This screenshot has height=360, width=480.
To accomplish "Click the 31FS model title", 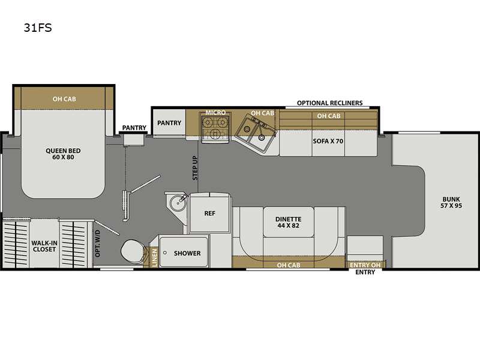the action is coord(38,28).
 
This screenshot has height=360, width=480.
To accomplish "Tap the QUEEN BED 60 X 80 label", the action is coord(63,154).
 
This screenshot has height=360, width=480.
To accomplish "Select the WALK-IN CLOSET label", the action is coord(44,246).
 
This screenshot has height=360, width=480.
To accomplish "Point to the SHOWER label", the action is coord(187,253).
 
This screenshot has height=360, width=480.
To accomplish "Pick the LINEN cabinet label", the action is coord(154,257).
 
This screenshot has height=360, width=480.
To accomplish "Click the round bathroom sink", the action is coord(178,203).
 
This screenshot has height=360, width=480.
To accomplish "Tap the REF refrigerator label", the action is coord(209,214).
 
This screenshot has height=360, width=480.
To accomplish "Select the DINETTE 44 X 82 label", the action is coord(289,222).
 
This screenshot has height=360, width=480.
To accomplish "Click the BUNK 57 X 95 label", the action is coord(451,202).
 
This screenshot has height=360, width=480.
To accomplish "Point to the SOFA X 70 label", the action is coord(328,141).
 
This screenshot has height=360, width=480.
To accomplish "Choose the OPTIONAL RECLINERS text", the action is coord(329,103).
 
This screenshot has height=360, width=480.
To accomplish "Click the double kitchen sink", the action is coord(256,133).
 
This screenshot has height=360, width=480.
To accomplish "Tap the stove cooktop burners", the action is coord(215,128).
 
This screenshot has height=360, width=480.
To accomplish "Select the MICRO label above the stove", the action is coord(215,112).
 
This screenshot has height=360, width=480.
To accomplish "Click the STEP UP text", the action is coord(195,168).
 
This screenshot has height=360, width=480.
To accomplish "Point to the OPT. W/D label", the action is coord(98,244).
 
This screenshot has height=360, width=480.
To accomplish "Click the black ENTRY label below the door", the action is coord(365,272).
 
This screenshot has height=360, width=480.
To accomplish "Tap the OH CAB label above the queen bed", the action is coord(64,99).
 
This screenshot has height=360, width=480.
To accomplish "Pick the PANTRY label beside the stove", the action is coord(169,123).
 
